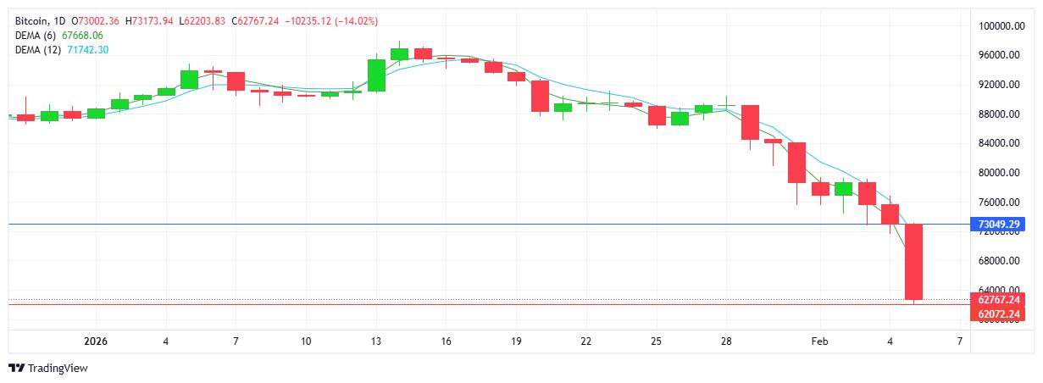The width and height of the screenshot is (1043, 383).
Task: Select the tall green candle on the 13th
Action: tap(376, 75)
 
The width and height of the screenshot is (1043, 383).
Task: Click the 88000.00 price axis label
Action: tap(998, 114)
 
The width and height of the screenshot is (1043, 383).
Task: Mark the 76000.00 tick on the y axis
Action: tap(998, 203)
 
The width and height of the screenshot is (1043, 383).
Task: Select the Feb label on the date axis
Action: tap(819, 341)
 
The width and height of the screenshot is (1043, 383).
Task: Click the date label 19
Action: tap(515, 341)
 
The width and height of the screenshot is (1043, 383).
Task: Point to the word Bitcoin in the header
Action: tap(31, 20)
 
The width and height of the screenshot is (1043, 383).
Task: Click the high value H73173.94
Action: tap(148, 20)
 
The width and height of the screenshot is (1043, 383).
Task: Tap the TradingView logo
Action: tap(47, 369)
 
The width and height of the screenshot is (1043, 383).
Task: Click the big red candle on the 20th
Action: tap(540, 96)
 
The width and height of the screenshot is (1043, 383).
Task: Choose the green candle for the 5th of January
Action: tap(189, 79)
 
